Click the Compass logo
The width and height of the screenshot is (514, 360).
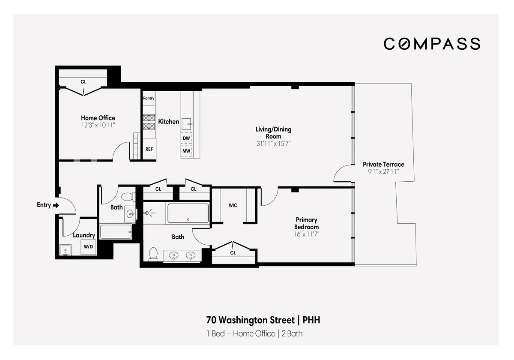click(432, 44)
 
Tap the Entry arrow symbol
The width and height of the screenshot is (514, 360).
click(56, 205)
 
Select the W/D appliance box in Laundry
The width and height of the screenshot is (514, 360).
click(88, 246)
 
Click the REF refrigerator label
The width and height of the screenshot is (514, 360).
click(149, 149)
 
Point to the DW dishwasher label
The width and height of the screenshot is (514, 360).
click(186, 138)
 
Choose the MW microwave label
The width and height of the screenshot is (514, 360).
click(186, 151)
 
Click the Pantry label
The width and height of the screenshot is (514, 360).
click(149, 98)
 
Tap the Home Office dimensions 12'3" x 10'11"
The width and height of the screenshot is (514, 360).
click(98, 125)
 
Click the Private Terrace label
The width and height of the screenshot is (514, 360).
click(383, 164)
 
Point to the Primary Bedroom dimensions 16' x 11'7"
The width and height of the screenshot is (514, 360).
click(306, 234)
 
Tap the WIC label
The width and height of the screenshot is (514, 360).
click(233, 205)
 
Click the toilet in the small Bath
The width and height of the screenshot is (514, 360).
click(127, 197)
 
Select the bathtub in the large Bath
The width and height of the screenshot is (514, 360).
click(188, 213)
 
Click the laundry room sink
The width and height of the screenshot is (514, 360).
click(66, 249)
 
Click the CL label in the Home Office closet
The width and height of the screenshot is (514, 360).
click(83, 81)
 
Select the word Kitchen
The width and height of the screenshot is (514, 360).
click(169, 122)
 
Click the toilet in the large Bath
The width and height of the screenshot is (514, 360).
click(153, 255)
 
